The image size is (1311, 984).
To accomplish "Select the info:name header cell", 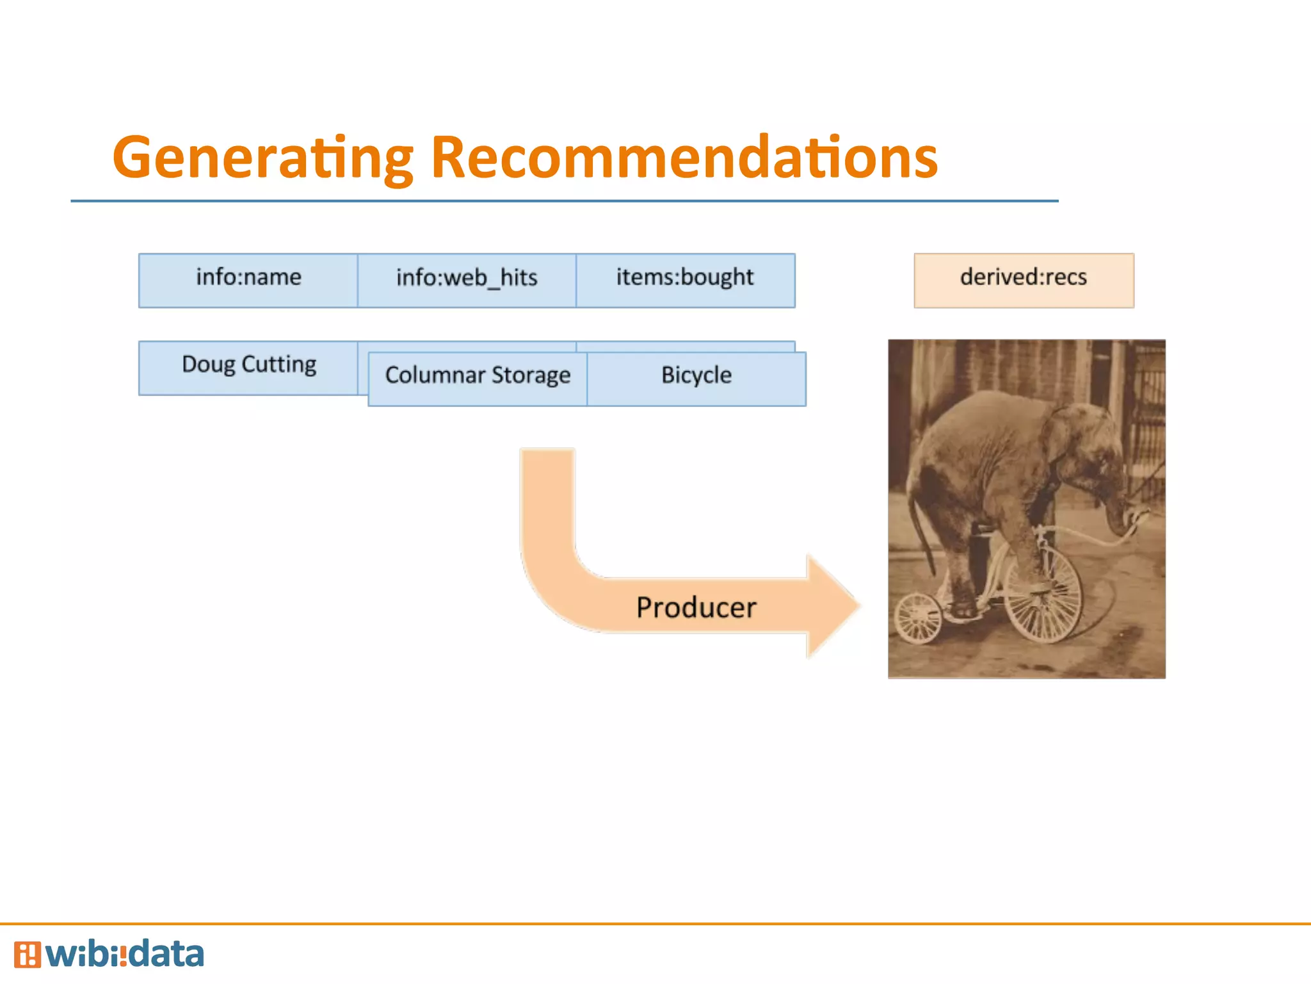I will point(248,280).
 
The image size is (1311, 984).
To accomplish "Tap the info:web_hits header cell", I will point(467,280).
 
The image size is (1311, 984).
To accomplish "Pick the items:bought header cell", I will point(685,280).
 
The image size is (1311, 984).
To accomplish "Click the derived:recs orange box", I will point(1024,280).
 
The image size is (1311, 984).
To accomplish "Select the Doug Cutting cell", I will point(248,366).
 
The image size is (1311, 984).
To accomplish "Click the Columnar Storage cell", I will point(478,378).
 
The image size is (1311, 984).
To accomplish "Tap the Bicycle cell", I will point(696,378).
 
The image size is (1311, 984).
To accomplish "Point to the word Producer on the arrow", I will point(696,607).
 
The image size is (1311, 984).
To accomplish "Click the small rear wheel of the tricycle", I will point(918,618).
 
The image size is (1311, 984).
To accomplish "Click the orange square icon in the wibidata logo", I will point(27,955).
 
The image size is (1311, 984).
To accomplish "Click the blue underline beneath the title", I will point(563,201).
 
